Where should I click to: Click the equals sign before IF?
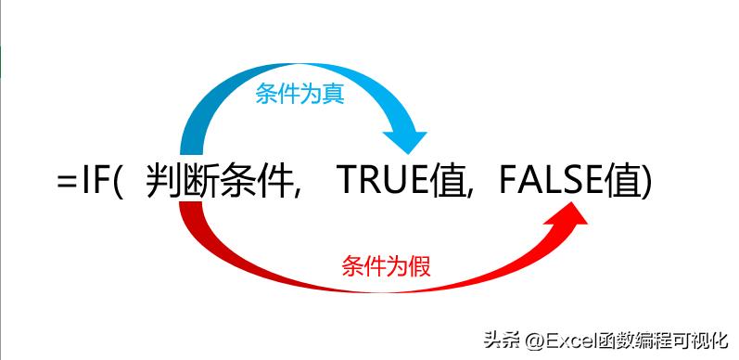[67, 181]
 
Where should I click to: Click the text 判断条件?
[221, 180]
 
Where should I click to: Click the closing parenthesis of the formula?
[646, 181]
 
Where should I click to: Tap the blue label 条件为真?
[299, 95]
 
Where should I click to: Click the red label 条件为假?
[386, 265]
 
